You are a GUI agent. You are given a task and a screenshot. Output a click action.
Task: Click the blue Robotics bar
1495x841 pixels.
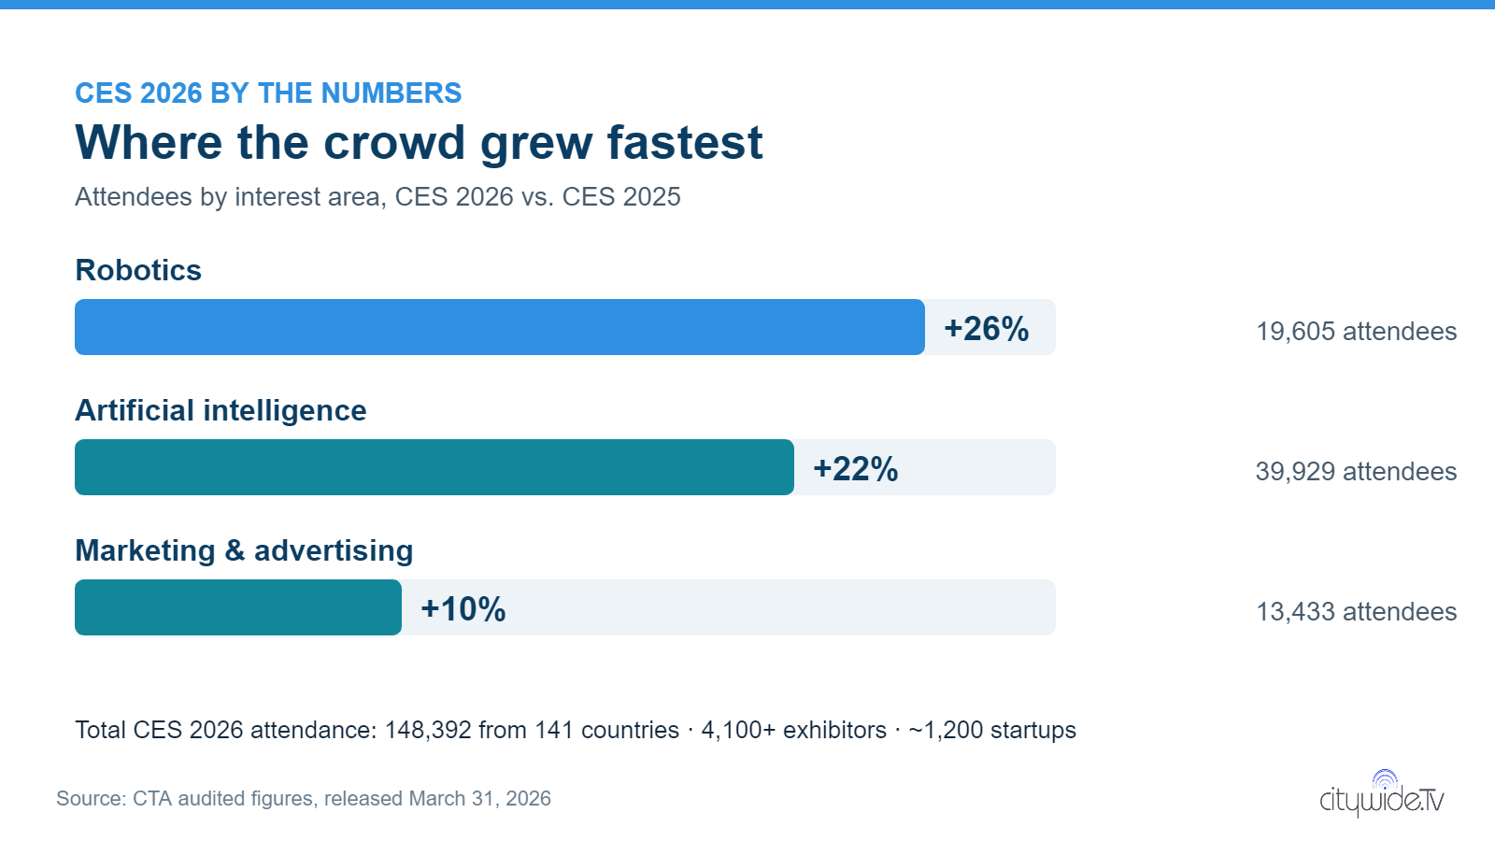point(499,327)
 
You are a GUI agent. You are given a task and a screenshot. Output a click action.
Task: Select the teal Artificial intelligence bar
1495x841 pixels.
point(434,467)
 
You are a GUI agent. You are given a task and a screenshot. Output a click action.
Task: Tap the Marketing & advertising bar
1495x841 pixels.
point(237,607)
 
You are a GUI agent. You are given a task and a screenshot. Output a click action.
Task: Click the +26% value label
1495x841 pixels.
point(987,328)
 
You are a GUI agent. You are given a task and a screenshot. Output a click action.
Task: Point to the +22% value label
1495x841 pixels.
point(856,468)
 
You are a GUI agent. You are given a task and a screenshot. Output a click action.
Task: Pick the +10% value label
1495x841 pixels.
point(463,608)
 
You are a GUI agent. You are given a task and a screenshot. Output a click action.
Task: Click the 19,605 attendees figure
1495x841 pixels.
point(1356,332)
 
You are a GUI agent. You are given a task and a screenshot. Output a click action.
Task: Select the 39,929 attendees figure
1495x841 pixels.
point(1356,472)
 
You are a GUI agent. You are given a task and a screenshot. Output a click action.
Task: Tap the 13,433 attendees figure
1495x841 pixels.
point(1356,612)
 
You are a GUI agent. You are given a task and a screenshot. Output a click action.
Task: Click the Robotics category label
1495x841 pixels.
point(138,270)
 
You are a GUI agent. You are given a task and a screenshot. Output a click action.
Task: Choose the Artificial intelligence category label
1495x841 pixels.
point(221,411)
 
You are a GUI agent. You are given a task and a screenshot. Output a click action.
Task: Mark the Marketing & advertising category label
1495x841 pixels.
point(244,551)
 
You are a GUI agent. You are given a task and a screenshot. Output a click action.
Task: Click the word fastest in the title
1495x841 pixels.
point(684,142)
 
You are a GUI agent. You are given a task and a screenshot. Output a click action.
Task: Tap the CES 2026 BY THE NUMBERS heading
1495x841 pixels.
point(268,93)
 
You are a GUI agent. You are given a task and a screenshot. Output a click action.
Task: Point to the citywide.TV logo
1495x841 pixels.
point(1382,793)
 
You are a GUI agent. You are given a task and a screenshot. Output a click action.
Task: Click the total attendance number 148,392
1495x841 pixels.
point(428,730)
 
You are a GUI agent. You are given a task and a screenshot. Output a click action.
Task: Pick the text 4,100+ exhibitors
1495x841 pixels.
point(793,730)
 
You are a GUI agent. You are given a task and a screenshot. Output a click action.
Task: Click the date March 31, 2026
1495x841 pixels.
point(480,799)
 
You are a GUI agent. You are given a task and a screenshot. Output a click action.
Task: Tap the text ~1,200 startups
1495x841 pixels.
point(992,730)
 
